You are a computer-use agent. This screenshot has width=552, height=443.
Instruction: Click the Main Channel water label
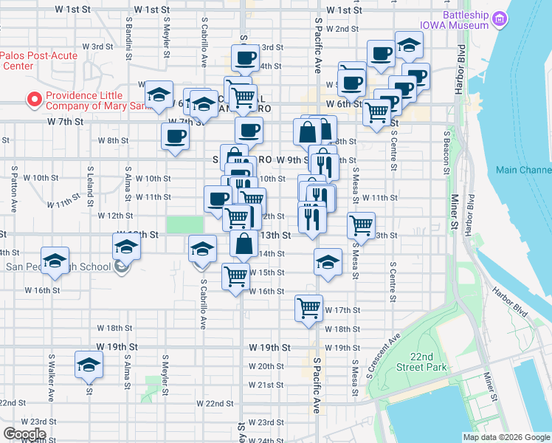(x=524, y=170)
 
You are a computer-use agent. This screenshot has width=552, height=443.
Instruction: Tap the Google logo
(x=25, y=434)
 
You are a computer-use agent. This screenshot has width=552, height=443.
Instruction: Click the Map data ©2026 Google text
(x=506, y=437)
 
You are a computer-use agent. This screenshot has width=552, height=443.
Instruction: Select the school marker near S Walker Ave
(x=89, y=365)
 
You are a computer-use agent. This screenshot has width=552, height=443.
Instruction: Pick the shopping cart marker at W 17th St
(x=308, y=307)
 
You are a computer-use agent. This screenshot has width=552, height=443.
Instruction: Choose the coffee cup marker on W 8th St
(x=175, y=136)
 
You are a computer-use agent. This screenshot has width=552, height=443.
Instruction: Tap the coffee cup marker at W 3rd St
(x=244, y=58)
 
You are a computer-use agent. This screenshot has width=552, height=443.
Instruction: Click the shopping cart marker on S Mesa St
(x=361, y=225)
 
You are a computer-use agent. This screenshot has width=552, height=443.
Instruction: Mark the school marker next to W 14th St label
(x=328, y=261)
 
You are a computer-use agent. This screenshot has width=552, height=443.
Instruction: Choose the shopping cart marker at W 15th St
(x=236, y=277)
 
